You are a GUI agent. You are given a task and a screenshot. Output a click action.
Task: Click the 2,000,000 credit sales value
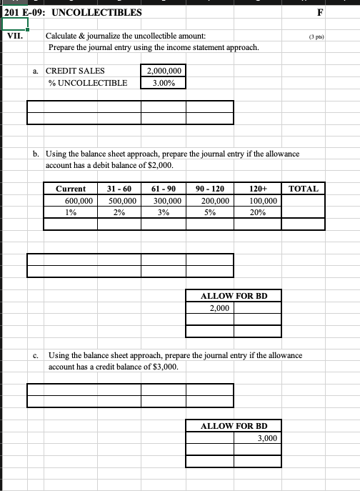click(x=164, y=71)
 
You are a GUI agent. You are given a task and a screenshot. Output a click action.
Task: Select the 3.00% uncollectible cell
click(x=164, y=83)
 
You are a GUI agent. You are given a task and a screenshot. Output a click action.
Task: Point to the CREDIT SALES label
click(x=75, y=71)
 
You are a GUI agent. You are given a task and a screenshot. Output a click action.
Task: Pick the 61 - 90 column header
click(x=166, y=189)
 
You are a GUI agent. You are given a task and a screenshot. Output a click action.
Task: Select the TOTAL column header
click(x=304, y=189)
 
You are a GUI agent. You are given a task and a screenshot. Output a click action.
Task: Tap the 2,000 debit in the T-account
click(x=219, y=308)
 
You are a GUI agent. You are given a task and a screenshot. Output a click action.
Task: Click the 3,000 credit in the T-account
click(x=267, y=438)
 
